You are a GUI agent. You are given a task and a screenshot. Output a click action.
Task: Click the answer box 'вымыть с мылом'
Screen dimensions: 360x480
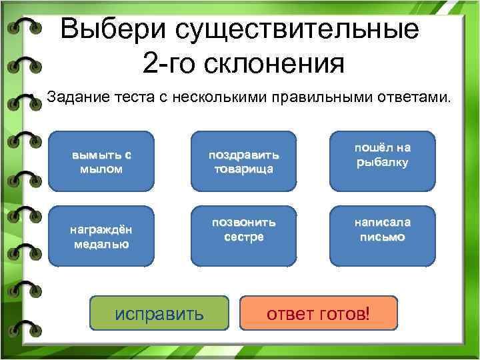coord(101,161)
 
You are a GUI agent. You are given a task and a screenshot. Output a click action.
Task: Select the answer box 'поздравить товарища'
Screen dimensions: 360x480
coord(244,161)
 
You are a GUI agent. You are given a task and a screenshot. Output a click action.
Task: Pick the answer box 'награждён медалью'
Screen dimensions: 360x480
coord(101,236)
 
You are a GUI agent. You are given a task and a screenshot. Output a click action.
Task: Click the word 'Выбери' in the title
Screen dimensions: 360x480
coord(113,30)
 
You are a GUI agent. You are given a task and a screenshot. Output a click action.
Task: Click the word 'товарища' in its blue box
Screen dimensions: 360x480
coord(244,169)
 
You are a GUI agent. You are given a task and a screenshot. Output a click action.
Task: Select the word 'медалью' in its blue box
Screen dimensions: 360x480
coord(101,244)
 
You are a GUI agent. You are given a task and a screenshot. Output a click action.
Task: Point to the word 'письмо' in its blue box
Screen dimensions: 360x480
coord(382,237)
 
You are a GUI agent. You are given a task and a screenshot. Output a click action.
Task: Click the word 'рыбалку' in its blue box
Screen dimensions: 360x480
coord(382,162)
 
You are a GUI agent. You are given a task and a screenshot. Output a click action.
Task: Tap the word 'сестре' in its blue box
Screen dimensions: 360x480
coord(244,237)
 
